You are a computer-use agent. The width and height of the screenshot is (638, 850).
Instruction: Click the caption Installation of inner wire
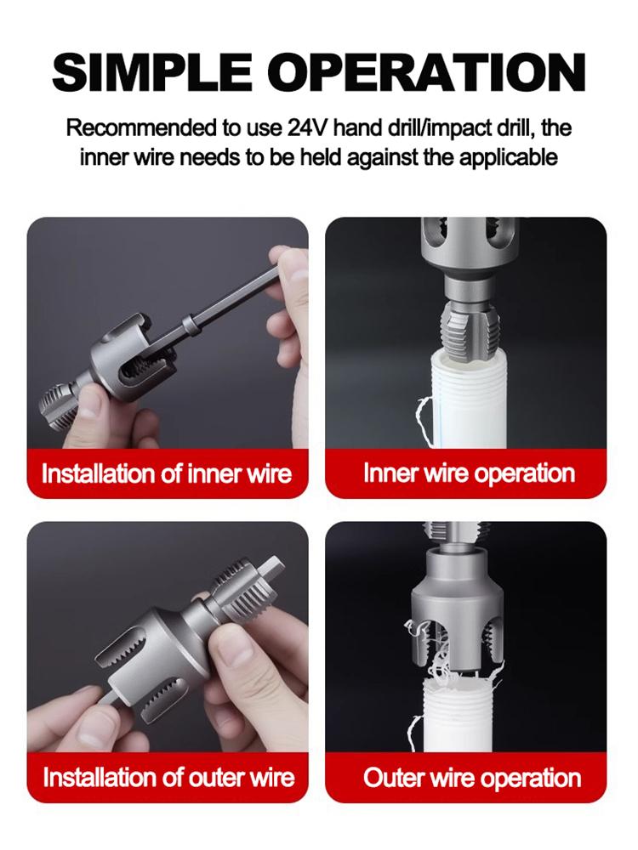click(x=167, y=473)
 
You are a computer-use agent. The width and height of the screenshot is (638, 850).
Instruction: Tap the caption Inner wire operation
click(x=469, y=473)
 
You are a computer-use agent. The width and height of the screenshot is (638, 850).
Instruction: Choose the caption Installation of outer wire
click(x=168, y=777)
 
